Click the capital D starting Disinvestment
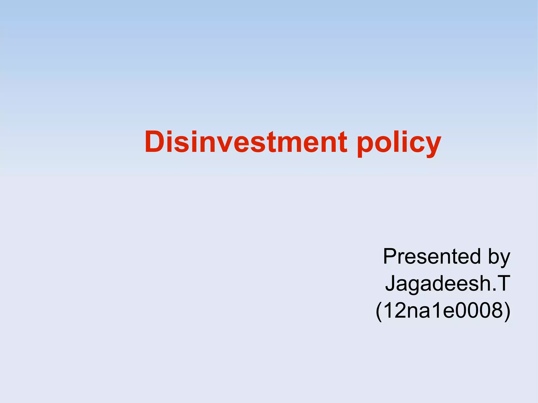coord(155,142)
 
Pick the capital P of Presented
coord(390,256)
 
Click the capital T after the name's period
coord(503,283)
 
